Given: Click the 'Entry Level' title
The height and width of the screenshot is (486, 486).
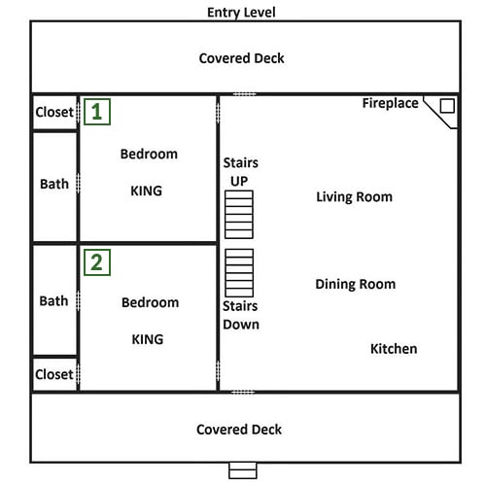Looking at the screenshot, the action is point(241,13).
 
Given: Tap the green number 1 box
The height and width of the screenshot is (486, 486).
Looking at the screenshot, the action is point(97,112).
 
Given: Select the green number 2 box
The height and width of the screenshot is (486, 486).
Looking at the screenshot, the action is point(97,262).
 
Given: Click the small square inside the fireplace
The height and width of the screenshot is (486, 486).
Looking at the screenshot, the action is point(447,106).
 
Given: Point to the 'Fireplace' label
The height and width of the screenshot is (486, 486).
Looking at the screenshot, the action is point(391,103).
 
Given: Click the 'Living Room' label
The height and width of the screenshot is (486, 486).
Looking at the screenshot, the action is point(354,197).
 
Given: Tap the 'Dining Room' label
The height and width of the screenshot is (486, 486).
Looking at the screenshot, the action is point(356,284).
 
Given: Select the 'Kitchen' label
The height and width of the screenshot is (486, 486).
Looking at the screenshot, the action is point(394,349).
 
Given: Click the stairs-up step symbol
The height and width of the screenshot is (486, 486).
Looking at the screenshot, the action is point(239,215).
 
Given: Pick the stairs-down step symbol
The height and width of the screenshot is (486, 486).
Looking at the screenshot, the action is point(239,273).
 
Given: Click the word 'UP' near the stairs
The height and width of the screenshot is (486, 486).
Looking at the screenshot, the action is point(239,181).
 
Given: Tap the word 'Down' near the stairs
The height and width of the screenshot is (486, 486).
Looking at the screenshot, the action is point(241,325).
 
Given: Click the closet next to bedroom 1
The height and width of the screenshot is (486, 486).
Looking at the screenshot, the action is point(54,112).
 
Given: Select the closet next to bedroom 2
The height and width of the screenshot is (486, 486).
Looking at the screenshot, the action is point(54,374).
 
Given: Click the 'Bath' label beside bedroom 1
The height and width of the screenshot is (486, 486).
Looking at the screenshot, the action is point(54,184).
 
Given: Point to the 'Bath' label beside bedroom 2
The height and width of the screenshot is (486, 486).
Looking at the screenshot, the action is point(53,301).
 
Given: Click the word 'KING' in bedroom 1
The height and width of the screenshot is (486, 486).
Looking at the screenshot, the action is point(147,191).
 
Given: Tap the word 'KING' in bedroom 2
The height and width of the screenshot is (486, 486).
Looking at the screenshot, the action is point(148,339).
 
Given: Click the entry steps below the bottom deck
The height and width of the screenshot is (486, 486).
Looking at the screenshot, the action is point(243,470).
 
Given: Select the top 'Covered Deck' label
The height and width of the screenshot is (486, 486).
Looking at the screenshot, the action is point(241,58).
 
